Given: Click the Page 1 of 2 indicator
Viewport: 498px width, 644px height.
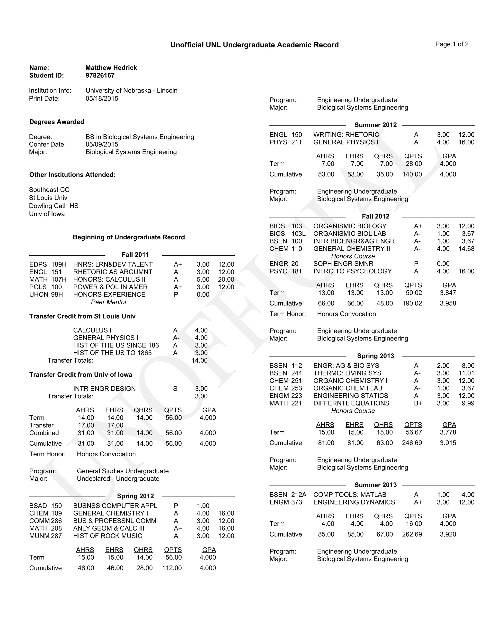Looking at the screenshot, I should (x=452, y=44).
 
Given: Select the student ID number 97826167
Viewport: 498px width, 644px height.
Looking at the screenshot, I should (x=100, y=76).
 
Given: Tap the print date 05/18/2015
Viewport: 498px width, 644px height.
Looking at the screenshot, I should (x=102, y=98).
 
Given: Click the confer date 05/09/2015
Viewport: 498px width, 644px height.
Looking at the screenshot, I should (x=102, y=145).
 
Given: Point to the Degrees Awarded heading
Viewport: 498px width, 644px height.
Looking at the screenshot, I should (x=57, y=122).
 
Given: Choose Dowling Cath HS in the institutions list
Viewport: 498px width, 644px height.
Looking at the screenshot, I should (x=54, y=206).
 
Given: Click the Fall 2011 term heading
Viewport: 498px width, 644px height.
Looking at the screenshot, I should (x=135, y=255).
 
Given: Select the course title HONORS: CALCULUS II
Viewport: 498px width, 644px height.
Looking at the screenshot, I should (x=109, y=279).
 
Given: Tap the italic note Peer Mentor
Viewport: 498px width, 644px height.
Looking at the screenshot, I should (x=109, y=302).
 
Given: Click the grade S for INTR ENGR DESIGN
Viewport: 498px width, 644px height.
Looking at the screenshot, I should (x=175, y=389).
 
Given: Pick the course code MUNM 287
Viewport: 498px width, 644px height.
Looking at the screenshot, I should (x=45, y=536).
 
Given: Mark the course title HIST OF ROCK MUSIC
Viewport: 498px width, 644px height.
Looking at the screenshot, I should (x=108, y=536).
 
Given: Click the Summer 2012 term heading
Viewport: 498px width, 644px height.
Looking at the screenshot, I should (x=375, y=125).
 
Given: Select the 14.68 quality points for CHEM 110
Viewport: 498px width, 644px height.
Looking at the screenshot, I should (x=466, y=249).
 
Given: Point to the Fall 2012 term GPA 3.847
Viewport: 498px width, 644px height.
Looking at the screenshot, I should (x=448, y=293).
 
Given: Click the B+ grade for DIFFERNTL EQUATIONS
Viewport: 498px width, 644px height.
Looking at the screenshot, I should (x=418, y=403).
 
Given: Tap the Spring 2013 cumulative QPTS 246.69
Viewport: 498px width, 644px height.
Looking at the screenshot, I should (x=412, y=443).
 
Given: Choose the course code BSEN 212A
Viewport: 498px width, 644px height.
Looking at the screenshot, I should (x=288, y=495).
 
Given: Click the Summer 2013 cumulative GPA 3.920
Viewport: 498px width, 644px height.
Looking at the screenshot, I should (x=448, y=534).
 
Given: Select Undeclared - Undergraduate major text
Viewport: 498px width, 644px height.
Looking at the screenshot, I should (x=118, y=479).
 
